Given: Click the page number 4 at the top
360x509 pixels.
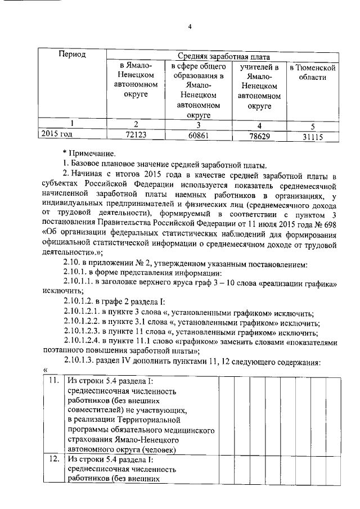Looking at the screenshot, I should click(x=190, y=27).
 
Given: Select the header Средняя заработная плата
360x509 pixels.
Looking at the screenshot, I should click(x=224, y=57).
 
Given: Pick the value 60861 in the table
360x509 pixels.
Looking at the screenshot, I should click(x=197, y=136).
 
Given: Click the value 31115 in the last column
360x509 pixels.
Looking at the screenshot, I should click(x=312, y=137).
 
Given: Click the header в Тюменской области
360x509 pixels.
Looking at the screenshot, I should click(x=312, y=73).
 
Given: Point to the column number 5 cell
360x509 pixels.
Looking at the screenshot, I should click(x=312, y=126).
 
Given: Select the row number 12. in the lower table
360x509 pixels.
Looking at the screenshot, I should click(x=53, y=460).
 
